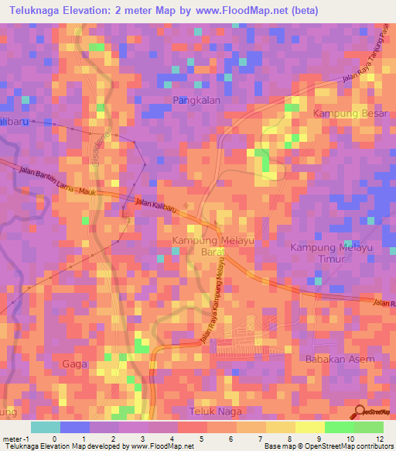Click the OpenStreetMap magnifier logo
click(x=360, y=411)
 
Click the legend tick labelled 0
click(x=54, y=438)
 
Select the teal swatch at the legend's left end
click(x=46, y=427)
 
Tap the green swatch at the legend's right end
click(x=368, y=427)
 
